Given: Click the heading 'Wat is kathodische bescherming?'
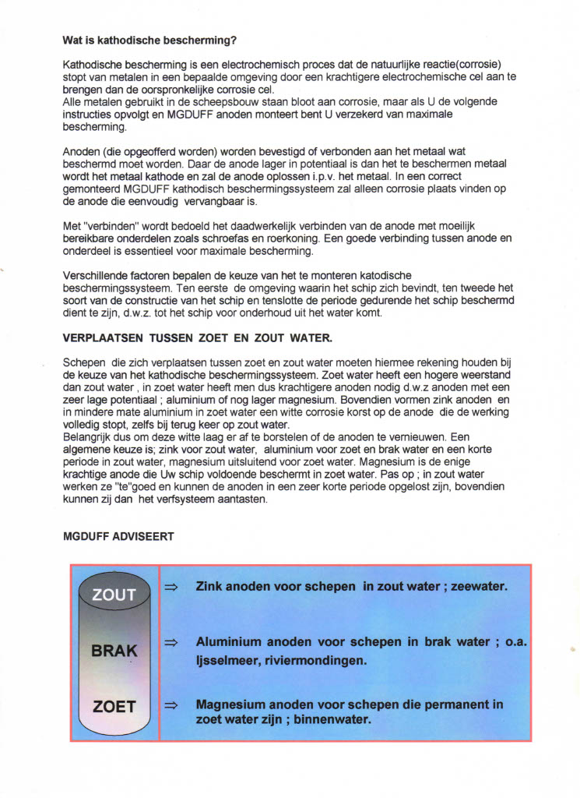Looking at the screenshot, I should [x=149, y=40].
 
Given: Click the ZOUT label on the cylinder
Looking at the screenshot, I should [x=114, y=595].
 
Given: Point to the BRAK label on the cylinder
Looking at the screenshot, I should [x=114, y=651].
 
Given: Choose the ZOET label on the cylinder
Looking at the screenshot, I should [x=114, y=708].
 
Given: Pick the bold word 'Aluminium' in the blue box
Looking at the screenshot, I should [x=228, y=643].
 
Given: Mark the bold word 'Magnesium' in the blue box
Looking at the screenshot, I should [x=230, y=704].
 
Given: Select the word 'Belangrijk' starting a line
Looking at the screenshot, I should [x=88, y=438].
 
